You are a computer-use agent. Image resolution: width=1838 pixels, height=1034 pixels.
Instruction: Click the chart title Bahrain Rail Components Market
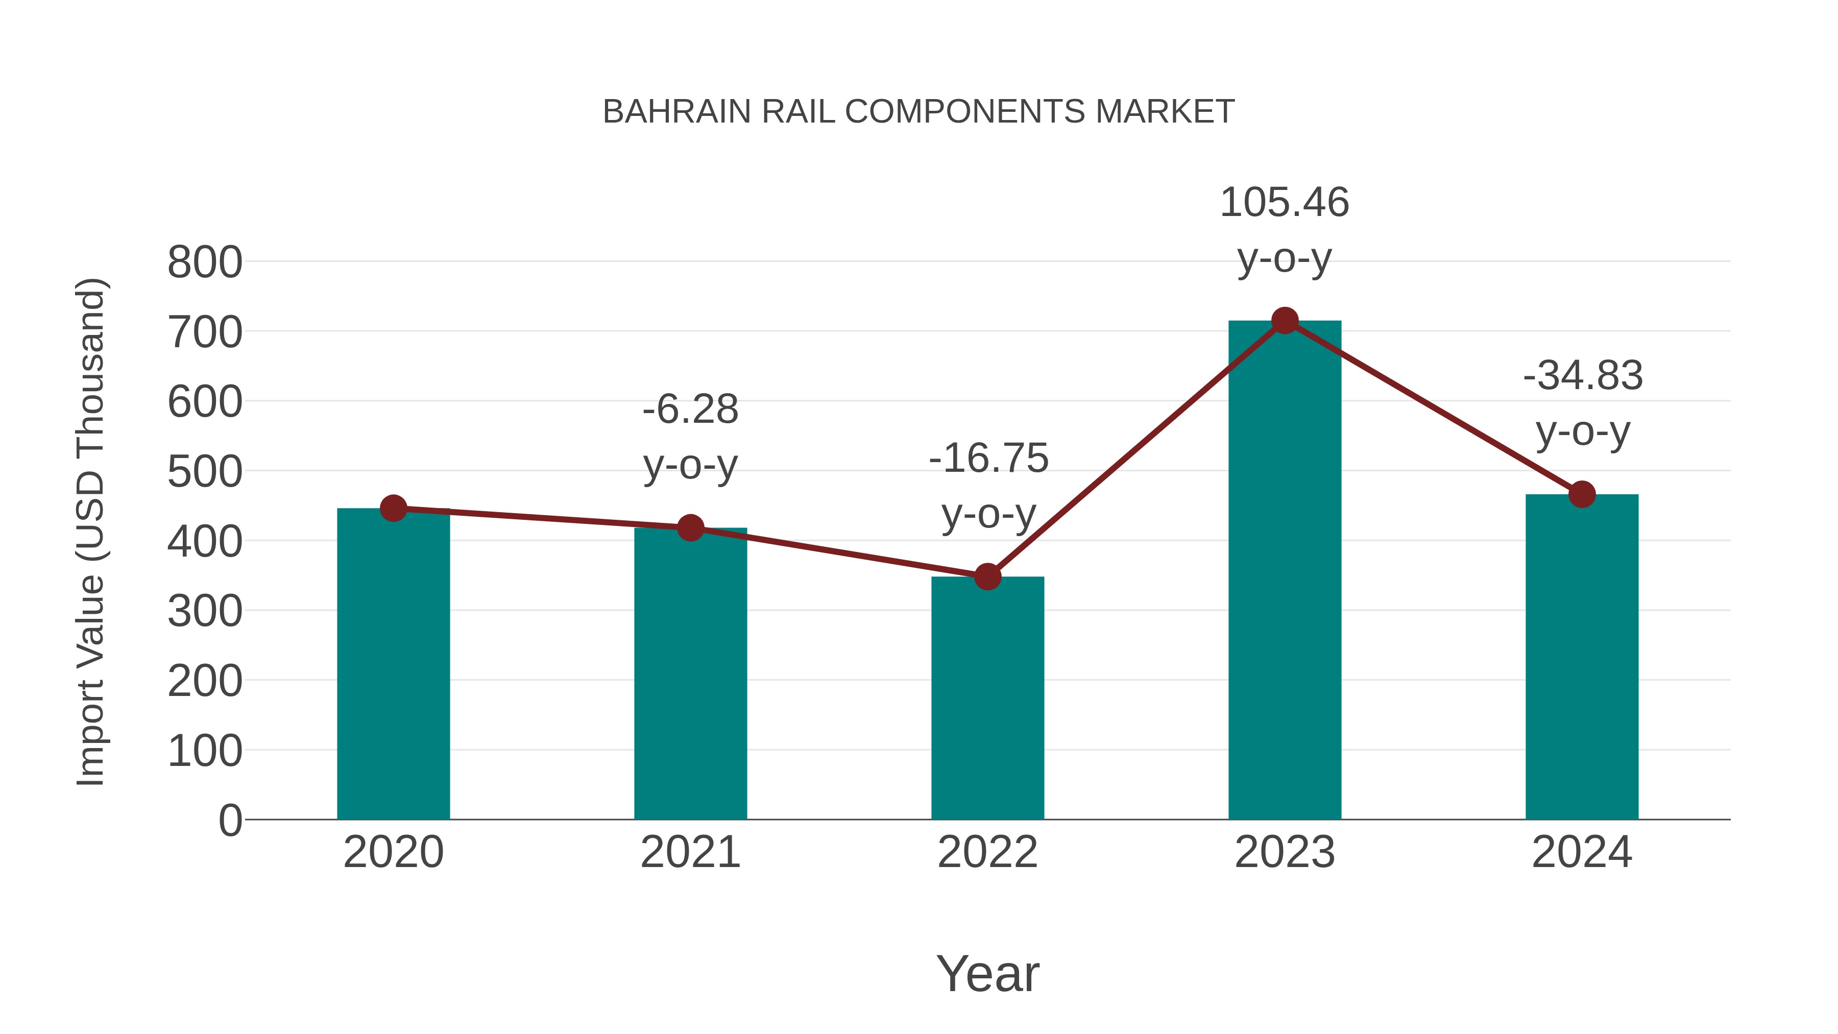tap(918, 112)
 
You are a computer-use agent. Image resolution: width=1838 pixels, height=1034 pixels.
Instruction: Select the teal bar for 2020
tap(393, 664)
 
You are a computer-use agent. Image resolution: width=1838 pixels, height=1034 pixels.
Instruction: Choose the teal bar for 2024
tap(1582, 657)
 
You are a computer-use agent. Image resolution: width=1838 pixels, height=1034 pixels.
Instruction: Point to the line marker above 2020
tap(393, 508)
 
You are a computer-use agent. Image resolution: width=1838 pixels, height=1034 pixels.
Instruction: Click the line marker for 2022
tap(987, 576)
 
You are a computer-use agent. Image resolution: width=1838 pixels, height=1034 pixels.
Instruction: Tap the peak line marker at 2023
tap(1285, 321)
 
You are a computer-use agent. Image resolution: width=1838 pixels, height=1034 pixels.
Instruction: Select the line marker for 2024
tap(1582, 494)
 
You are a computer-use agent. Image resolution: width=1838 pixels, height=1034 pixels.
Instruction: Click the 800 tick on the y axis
tap(205, 262)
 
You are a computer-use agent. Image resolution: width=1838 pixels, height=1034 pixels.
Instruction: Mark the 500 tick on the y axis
tap(205, 472)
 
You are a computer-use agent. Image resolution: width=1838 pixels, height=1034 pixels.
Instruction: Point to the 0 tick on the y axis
tap(230, 821)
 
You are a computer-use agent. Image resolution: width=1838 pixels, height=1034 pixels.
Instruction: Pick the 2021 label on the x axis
tap(690, 852)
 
